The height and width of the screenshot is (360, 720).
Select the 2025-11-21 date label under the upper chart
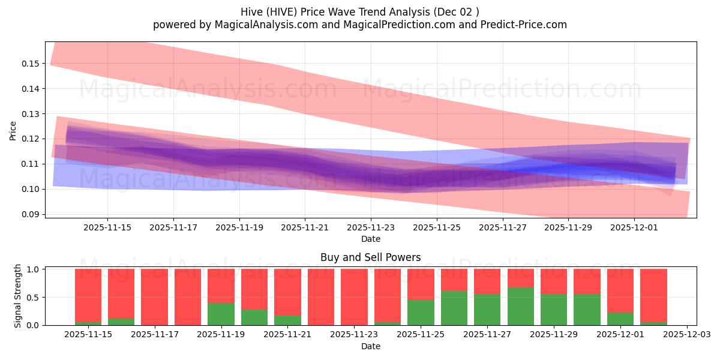coord(305,228)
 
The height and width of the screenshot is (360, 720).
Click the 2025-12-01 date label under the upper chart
coord(634,228)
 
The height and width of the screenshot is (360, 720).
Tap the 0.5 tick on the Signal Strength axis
coord(33,297)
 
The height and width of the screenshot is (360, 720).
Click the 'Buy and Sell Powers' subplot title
coord(370,257)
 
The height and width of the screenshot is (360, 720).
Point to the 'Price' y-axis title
coord(13,130)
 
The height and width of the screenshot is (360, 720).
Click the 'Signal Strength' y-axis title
coord(18,295)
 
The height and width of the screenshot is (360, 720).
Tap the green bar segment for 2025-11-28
coord(520,307)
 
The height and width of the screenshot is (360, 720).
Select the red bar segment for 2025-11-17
coord(154,297)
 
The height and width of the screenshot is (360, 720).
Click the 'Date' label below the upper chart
coord(370,239)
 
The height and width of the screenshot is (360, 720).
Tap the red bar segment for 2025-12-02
coord(653,295)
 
